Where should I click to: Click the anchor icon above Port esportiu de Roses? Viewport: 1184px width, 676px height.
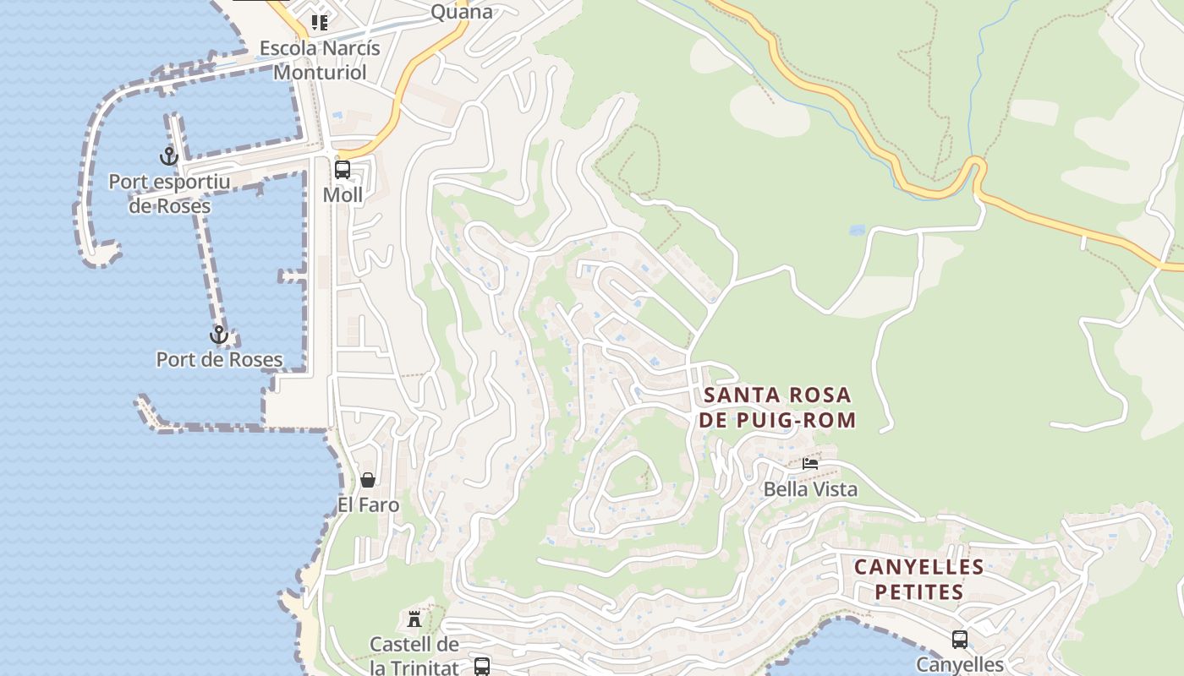click(169, 156)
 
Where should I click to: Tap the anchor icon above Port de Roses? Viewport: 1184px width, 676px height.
click(219, 335)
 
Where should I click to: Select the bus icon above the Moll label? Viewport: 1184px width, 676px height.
click(343, 169)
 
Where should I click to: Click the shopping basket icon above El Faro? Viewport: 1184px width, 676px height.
click(368, 480)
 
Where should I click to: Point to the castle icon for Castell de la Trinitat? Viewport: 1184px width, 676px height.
click(414, 619)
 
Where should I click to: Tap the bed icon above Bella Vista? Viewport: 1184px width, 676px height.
click(810, 463)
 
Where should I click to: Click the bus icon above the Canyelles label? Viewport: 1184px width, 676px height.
click(960, 640)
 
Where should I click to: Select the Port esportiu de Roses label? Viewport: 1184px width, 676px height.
click(169, 194)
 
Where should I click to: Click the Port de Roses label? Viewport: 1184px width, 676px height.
click(219, 360)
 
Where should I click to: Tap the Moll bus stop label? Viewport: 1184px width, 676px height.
click(343, 195)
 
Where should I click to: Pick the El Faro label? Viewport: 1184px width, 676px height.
click(368, 505)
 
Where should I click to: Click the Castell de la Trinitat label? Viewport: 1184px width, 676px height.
click(414, 656)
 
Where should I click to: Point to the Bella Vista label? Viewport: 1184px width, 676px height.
click(810, 489)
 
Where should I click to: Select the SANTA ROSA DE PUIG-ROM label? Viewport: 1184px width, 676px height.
click(779, 407)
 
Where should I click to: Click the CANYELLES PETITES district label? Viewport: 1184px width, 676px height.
click(918, 579)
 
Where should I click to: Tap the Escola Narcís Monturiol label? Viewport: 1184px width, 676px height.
click(320, 60)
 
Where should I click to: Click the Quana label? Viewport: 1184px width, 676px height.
click(461, 12)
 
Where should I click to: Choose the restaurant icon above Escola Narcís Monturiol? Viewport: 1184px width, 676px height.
click(319, 22)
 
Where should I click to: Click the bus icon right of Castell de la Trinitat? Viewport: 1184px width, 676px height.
click(482, 666)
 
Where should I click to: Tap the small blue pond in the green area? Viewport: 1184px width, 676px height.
click(857, 230)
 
